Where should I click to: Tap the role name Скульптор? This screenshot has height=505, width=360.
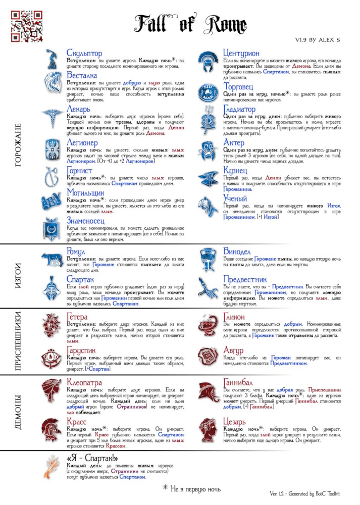pos(84,53)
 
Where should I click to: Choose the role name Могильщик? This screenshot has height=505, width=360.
pos(87,193)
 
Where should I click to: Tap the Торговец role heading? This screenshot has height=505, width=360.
pos(240,86)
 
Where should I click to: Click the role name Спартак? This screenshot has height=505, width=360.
pos(81,279)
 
